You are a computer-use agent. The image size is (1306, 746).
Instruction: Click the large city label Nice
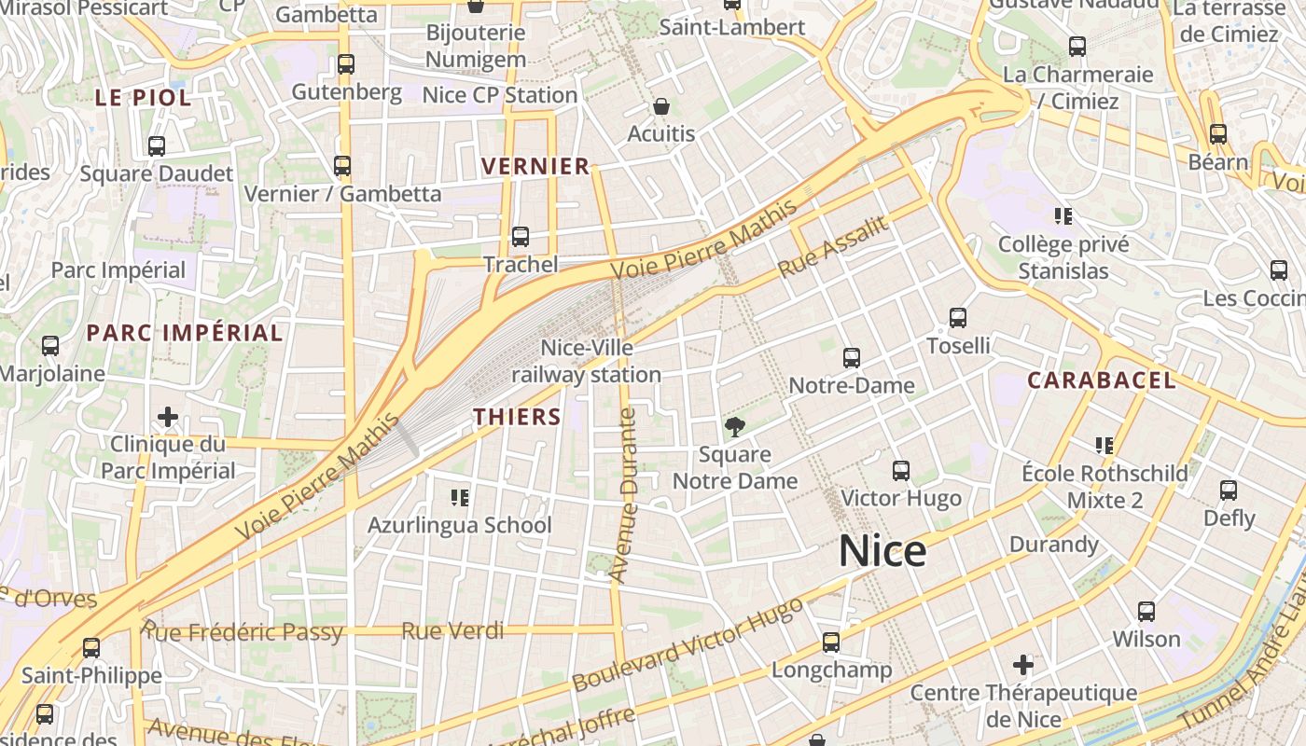pyautogui.click(x=882, y=551)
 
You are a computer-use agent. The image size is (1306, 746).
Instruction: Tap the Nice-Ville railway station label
pyautogui.click(x=587, y=362)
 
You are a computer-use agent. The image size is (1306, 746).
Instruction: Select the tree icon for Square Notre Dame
pyautogui.click(x=735, y=427)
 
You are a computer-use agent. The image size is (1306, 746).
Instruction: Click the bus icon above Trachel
pyautogui.click(x=521, y=237)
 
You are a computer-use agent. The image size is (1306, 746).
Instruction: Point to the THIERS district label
pyautogui.click(x=518, y=417)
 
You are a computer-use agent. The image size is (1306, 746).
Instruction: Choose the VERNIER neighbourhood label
pyautogui.click(x=535, y=167)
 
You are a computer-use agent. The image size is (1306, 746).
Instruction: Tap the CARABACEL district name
pyautogui.click(x=1102, y=380)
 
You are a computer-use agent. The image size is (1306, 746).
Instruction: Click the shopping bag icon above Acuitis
pyautogui.click(x=661, y=106)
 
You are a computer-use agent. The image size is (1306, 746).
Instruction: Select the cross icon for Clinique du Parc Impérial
pyautogui.click(x=168, y=416)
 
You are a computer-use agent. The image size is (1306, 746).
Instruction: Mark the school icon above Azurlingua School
pyautogui.click(x=459, y=497)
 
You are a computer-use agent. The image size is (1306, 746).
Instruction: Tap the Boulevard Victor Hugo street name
pyautogui.click(x=688, y=644)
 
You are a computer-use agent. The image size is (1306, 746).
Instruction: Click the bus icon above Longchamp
pyautogui.click(x=831, y=642)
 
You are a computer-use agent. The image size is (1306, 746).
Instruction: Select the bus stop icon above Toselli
pyautogui.click(x=958, y=318)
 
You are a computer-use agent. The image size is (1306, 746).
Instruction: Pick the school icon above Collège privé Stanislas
pyautogui.click(x=1063, y=216)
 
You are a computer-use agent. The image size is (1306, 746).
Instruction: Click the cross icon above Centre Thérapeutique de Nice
pyautogui.click(x=1023, y=665)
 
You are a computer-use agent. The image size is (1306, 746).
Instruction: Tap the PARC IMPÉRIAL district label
pyautogui.click(x=185, y=333)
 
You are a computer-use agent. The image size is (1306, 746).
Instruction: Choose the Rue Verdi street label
pyautogui.click(x=452, y=631)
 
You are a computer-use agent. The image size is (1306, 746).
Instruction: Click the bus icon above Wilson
pyautogui.click(x=1146, y=612)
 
